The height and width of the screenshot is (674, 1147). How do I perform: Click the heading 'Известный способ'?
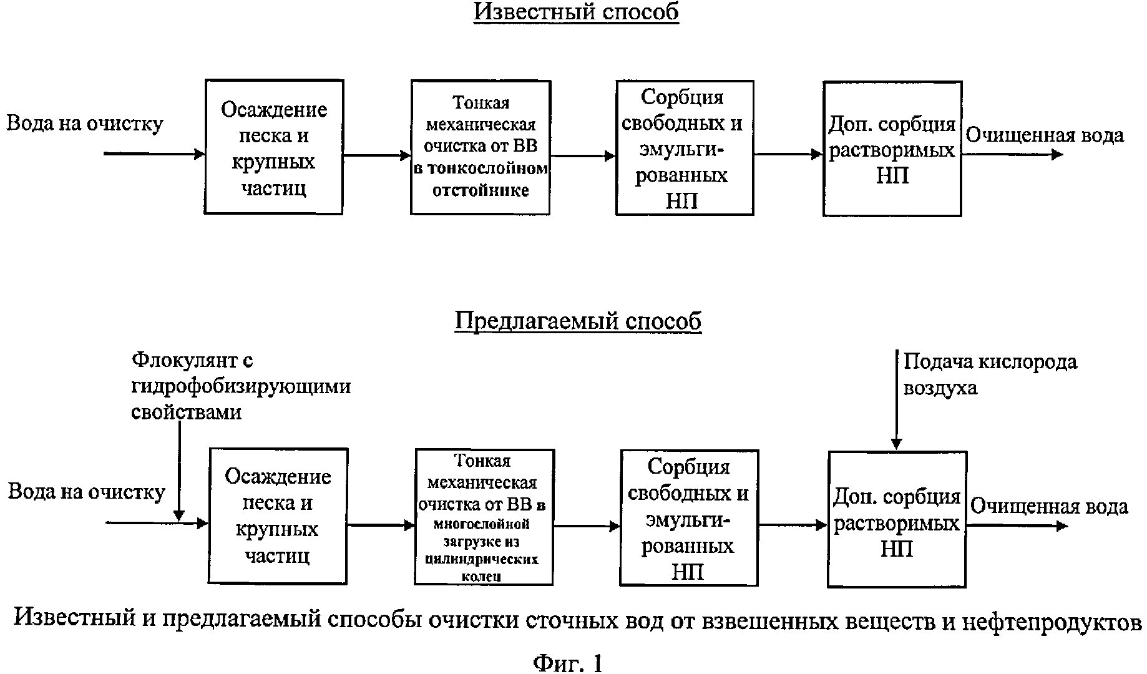pos(576,12)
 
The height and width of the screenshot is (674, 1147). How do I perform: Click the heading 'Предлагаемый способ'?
pos(578,321)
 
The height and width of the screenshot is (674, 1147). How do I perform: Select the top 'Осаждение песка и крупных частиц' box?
pos(274,147)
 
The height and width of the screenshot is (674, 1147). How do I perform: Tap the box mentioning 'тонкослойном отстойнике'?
pos(480,147)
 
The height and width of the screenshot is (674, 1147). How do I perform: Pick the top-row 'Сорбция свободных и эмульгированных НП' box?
pos(685,148)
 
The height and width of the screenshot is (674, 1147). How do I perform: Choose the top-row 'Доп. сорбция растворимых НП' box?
pos(892,149)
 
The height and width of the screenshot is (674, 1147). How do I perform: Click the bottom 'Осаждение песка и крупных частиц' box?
pos(278,516)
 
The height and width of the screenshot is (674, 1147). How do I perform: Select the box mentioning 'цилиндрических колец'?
pos(484,517)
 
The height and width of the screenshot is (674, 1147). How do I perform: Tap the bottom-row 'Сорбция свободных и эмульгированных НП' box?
pos(689,518)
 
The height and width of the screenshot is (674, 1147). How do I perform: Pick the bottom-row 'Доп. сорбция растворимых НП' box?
pos(897,519)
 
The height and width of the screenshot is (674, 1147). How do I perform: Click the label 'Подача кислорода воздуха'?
pos(990,374)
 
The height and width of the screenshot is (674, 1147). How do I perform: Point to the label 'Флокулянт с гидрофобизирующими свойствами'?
pos(241,386)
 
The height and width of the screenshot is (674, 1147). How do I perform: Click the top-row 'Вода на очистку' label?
pos(85,124)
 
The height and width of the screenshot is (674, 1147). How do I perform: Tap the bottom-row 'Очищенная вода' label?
pos(1049,506)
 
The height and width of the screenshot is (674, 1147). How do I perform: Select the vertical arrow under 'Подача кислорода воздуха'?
pos(896,400)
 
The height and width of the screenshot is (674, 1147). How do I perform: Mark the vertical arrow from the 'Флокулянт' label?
pos(179,471)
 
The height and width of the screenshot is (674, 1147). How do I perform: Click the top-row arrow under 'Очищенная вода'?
pos(1012,154)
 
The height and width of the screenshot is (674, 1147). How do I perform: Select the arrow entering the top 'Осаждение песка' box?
pos(154,154)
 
